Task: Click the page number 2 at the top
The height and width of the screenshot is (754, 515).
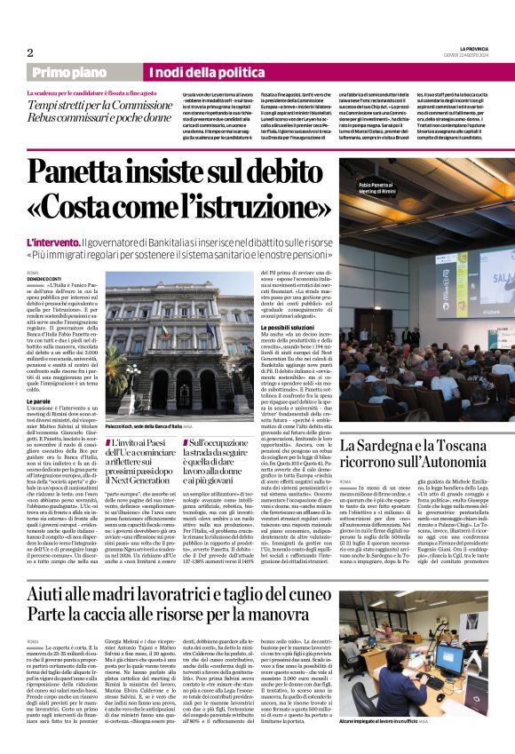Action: pyautogui.click(x=30, y=52)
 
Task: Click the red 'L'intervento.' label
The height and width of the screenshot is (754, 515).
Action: pyautogui.click(x=53, y=242)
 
